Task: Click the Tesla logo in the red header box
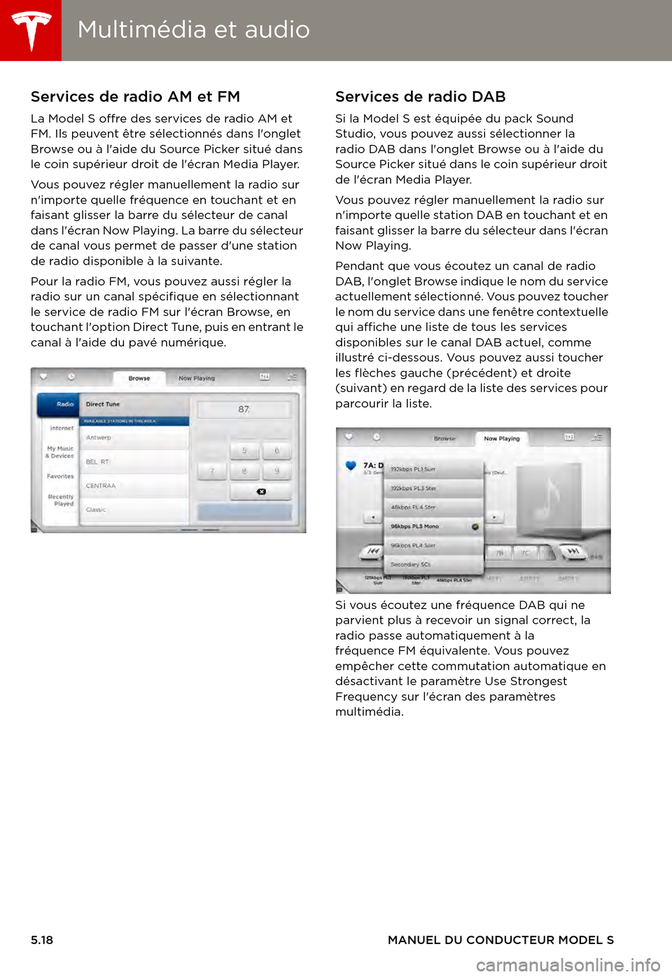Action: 31,30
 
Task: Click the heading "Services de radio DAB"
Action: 420,97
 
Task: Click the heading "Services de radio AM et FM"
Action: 135,97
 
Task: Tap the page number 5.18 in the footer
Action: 42,940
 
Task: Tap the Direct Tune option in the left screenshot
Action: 103,404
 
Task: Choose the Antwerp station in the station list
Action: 99,437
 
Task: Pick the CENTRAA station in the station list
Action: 101,486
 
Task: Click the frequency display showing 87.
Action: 244,409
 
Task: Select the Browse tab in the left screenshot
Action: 139,379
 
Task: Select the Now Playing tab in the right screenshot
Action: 502,439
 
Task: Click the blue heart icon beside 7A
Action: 351,466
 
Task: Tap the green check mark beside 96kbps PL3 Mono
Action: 475,526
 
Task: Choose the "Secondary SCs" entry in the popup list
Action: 411,564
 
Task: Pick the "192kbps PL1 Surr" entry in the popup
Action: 413,470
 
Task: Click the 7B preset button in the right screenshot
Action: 500,553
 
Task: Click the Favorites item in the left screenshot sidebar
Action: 60,477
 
